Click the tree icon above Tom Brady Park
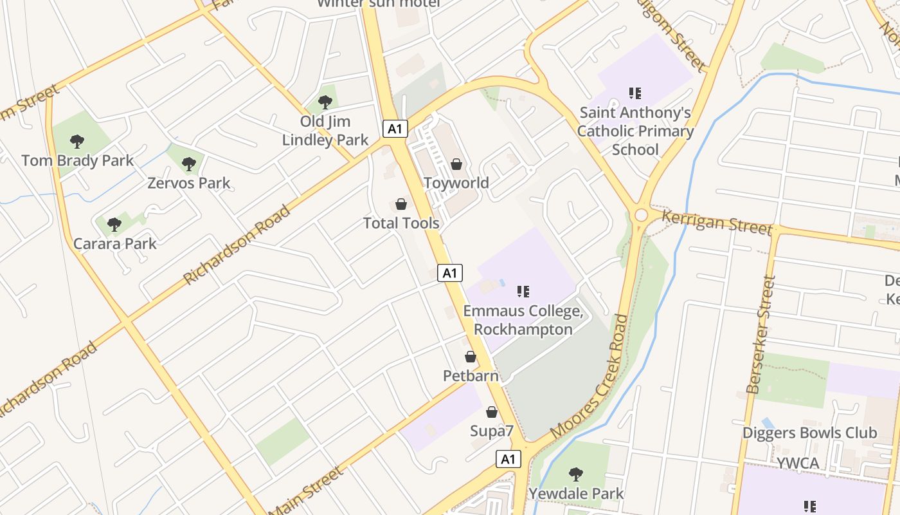click(77, 141)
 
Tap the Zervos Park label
click(188, 183)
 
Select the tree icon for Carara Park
click(114, 224)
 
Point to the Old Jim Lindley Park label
click(325, 131)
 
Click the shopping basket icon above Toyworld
click(456, 164)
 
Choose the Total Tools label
click(401, 223)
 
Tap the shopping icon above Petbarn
click(471, 356)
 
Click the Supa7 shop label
click(492, 431)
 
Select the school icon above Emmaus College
click(523, 292)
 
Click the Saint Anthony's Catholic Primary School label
click(635, 131)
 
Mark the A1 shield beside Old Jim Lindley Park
click(395, 129)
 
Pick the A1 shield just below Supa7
click(508, 459)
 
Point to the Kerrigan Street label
click(715, 222)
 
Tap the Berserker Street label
click(762, 335)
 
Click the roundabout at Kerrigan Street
click(640, 215)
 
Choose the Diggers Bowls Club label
click(809, 433)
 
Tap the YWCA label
click(797, 464)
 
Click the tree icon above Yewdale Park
click(576, 474)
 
